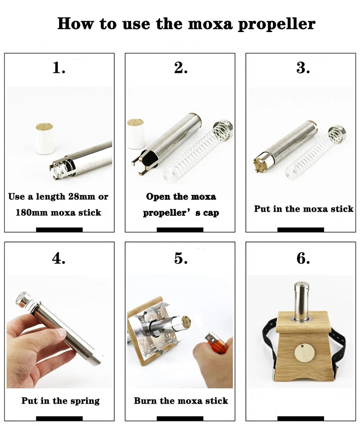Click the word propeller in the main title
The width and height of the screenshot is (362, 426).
[x=276, y=24]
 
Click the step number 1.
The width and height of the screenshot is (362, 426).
[x=59, y=68]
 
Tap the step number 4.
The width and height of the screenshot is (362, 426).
[x=59, y=258]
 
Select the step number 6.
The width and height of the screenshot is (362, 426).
[x=302, y=258]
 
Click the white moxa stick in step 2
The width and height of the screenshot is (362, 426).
[x=136, y=134]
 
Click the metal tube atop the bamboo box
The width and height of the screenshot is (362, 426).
[x=301, y=300]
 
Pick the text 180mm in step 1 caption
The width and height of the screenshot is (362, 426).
[x=33, y=212]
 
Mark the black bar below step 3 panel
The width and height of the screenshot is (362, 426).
[x=301, y=229]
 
